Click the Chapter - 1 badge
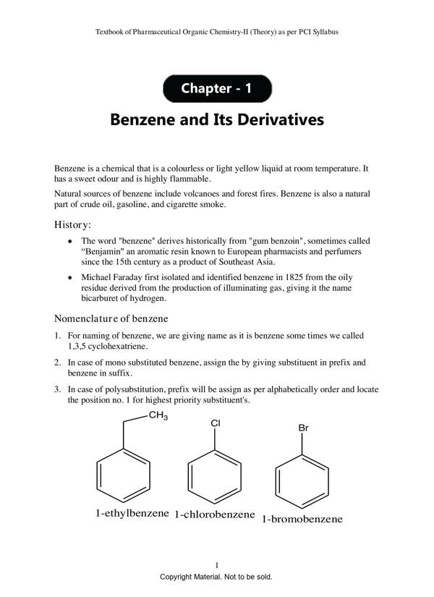pos(217,89)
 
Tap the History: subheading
pos(73,225)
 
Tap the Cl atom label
pos(215,423)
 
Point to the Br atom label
pos(304,428)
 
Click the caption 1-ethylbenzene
pos(132,514)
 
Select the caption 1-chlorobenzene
pos(215,515)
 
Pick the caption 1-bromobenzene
pos(302,519)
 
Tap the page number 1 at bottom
pos(217,565)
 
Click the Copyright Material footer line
pos(216,577)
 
